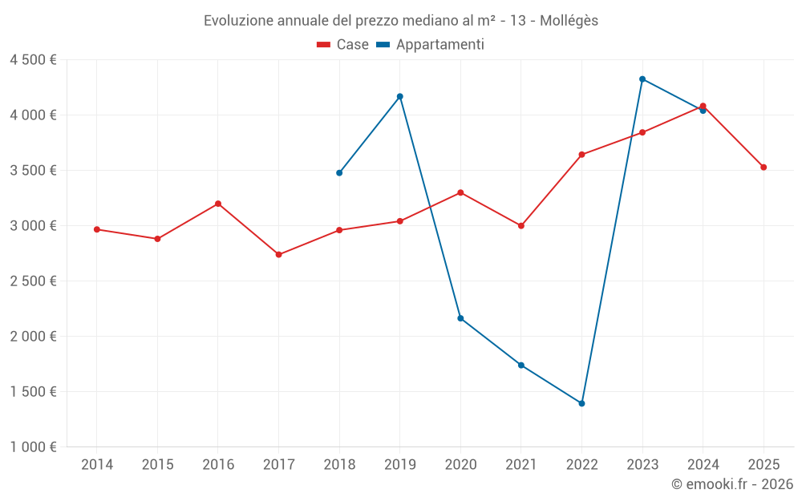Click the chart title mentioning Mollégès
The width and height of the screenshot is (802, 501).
click(x=400, y=20)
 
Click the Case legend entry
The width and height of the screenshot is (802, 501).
click(x=342, y=45)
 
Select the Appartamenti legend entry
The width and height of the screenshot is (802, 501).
click(x=431, y=45)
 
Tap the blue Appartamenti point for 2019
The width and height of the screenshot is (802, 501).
click(x=399, y=96)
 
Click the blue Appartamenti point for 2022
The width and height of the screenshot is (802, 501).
click(x=581, y=403)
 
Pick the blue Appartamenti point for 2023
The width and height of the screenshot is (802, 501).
click(x=642, y=79)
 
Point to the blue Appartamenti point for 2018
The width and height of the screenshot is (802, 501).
click(x=339, y=172)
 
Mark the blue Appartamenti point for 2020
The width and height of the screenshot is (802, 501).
click(x=460, y=318)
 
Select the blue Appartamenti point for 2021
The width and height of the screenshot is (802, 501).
click(x=521, y=366)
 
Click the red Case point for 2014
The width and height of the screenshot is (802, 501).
click(x=97, y=229)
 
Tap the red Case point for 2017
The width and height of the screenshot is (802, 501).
click(x=278, y=255)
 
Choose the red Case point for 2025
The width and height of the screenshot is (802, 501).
click(x=764, y=168)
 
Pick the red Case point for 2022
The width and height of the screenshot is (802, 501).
click(x=581, y=155)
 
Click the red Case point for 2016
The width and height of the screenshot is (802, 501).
click(x=218, y=204)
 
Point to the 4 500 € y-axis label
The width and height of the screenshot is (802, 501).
click(x=33, y=60)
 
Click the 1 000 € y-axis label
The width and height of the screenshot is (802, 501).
click(x=33, y=447)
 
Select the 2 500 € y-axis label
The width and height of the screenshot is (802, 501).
click(x=33, y=281)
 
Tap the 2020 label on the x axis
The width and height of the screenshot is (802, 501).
click(x=460, y=464)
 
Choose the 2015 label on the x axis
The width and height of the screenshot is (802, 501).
click(x=157, y=464)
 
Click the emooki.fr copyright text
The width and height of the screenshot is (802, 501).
click(x=731, y=484)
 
